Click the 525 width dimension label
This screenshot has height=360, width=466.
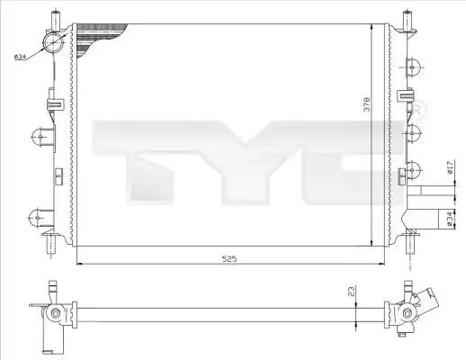coord(229,258)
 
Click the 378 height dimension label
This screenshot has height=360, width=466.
coord(367,103)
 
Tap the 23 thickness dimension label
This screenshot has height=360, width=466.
coord(351,291)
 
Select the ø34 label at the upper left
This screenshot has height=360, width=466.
coord(21,57)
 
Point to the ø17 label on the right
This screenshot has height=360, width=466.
coord(449,167)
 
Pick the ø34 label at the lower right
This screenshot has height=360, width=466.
coord(449,219)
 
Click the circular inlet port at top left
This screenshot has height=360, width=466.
coord(53,42)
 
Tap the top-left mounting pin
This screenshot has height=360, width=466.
coord(56,20)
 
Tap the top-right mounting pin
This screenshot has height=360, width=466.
coord(407,21)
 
